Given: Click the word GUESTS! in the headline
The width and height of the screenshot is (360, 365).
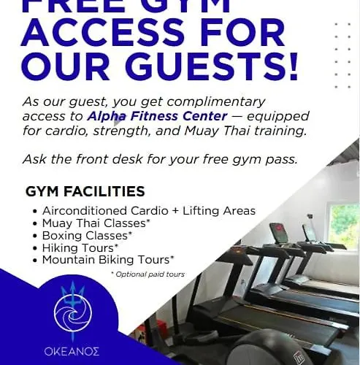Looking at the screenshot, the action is (x=212, y=66).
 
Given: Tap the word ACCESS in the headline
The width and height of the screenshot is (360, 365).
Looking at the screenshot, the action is (x=103, y=32).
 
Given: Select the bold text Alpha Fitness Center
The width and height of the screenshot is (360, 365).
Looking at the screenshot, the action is (x=157, y=116).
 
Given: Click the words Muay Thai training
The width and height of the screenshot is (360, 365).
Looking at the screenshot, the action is (x=245, y=131).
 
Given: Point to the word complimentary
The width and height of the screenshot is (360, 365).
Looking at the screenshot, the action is (x=216, y=102).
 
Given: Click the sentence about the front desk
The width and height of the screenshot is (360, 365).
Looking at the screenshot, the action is (x=160, y=159).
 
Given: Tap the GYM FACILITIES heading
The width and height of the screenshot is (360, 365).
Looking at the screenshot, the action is (x=85, y=191).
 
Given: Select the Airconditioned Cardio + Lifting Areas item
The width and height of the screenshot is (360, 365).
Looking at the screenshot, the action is (x=149, y=211).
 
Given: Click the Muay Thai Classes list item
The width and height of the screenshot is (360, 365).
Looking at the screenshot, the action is (x=96, y=223).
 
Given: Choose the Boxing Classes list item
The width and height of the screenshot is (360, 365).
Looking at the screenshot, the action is (x=87, y=235).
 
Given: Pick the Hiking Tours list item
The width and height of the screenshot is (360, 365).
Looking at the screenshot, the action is (x=80, y=247).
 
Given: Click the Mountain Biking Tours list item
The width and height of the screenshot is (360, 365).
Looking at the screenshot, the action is (x=108, y=260).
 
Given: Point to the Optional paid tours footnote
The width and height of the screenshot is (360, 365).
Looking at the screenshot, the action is (x=148, y=274).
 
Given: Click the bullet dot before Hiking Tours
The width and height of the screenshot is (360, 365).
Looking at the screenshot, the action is (x=36, y=249).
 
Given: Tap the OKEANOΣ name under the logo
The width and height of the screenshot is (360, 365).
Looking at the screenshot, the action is (x=72, y=351).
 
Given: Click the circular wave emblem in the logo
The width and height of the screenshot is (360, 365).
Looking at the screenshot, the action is (x=73, y=312).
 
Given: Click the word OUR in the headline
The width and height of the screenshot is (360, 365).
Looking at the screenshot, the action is (x=65, y=66).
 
